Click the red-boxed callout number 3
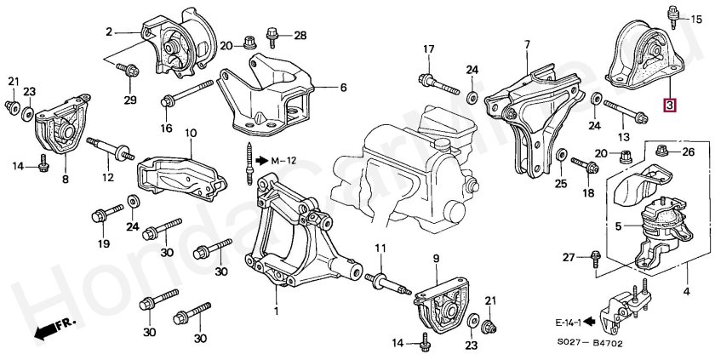pos(670,106)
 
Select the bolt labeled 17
pos(438,82)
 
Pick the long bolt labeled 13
pos(624,111)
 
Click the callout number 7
pos(526,43)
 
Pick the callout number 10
pos(190,133)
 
